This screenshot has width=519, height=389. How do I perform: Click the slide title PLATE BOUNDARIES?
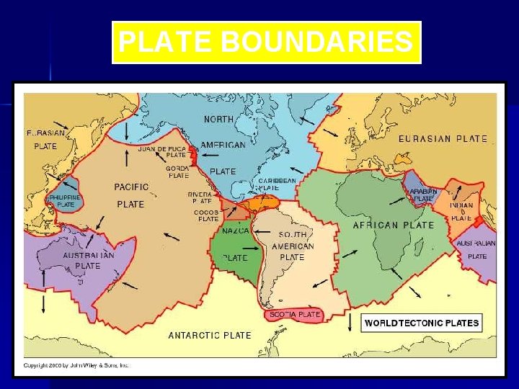[x=266, y=43]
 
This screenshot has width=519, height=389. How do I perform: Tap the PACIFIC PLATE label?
[x=131, y=195]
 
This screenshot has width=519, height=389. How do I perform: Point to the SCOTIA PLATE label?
[x=295, y=315]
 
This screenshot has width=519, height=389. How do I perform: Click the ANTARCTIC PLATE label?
[x=210, y=335]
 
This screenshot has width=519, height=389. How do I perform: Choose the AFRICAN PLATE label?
[x=393, y=225]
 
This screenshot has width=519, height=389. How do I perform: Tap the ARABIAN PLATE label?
[x=423, y=194]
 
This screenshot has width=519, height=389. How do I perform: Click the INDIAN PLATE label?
[x=461, y=211]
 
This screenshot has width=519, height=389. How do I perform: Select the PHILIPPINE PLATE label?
[x=66, y=200]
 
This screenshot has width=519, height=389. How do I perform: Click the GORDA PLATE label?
[x=178, y=171]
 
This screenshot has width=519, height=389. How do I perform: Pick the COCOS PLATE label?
[x=206, y=215]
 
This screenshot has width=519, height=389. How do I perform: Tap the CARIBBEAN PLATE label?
[x=277, y=184]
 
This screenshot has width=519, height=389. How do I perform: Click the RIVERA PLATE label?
[x=200, y=197]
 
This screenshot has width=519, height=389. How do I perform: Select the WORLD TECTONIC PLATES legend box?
[x=422, y=323]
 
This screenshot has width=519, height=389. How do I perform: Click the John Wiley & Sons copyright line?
[x=77, y=366]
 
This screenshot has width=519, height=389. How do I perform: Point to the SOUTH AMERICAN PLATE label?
[x=292, y=246]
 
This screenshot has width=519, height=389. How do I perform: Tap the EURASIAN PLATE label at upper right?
[x=443, y=139]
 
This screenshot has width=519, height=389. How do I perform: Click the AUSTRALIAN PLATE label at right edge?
[x=476, y=249]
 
